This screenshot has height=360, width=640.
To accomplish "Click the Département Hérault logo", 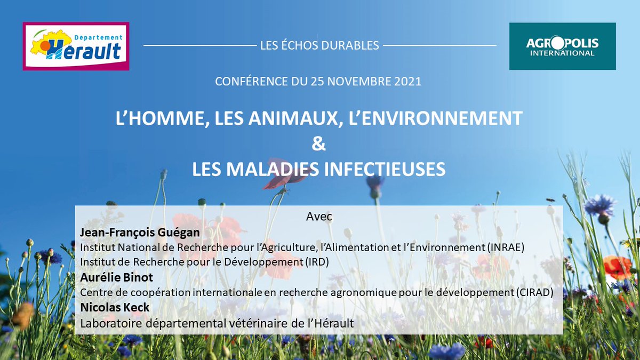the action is point(76,46).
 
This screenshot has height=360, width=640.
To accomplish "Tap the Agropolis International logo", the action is point(562,46).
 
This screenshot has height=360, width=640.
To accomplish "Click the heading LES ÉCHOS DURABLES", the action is point(319,45).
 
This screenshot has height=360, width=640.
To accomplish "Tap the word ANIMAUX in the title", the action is point(293,118).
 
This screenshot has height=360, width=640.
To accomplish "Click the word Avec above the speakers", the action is point(319,217).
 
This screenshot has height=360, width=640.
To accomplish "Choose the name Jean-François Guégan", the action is point(140,233).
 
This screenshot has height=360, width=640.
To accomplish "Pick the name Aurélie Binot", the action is point(117,277).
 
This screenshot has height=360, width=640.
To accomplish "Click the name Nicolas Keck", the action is point(115,307).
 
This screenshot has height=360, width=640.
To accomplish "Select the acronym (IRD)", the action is point(317,262).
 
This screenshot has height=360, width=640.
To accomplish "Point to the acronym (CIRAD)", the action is point(535,292).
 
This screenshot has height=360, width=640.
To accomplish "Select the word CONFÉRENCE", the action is point(252,82).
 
